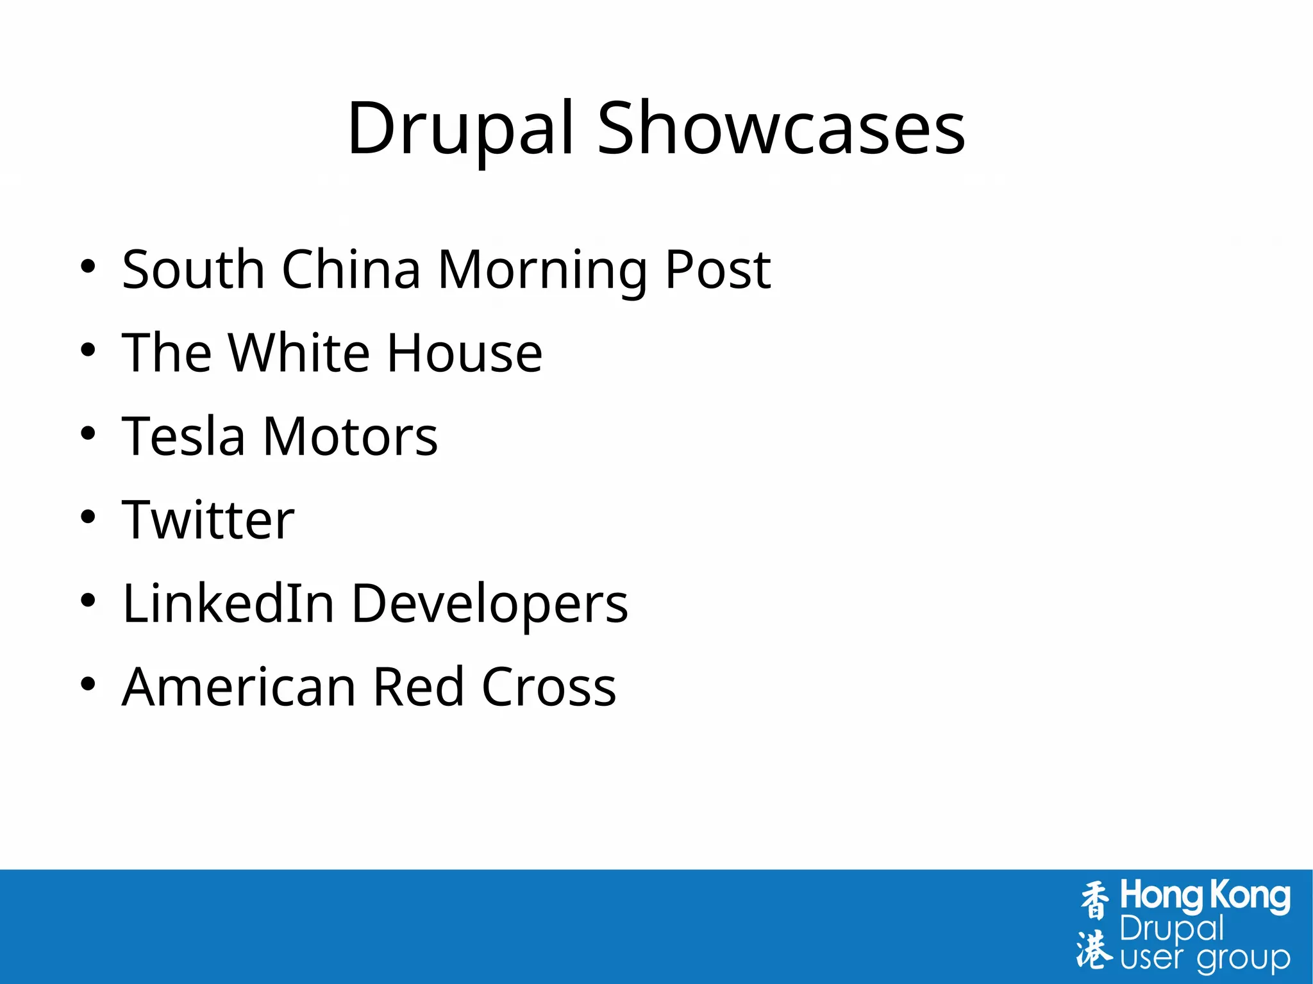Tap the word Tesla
[x=184, y=437]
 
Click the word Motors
[x=350, y=437]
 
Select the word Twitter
[x=208, y=520]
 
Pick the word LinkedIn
[x=229, y=603]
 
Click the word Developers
[x=490, y=605]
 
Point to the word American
[x=239, y=687]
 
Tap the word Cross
[x=549, y=687]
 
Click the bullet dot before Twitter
[x=88, y=517]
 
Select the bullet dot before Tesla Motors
[x=88, y=433]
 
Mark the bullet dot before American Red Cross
[x=88, y=684]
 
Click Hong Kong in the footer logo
[x=1205, y=896]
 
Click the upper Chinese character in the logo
[x=1094, y=901]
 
